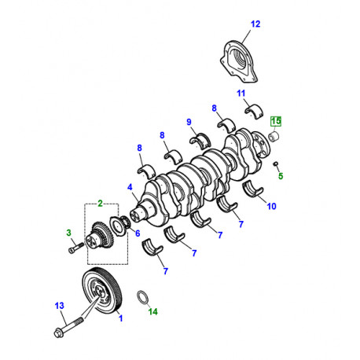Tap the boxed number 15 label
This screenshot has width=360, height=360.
[x=276, y=121]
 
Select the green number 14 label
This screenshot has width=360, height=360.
[x=152, y=311]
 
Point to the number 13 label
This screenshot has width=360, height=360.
[x=59, y=306]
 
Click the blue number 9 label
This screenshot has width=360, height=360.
[x=189, y=121]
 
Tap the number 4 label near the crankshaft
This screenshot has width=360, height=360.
[x=129, y=188]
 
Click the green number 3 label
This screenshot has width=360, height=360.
[x=68, y=233]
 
